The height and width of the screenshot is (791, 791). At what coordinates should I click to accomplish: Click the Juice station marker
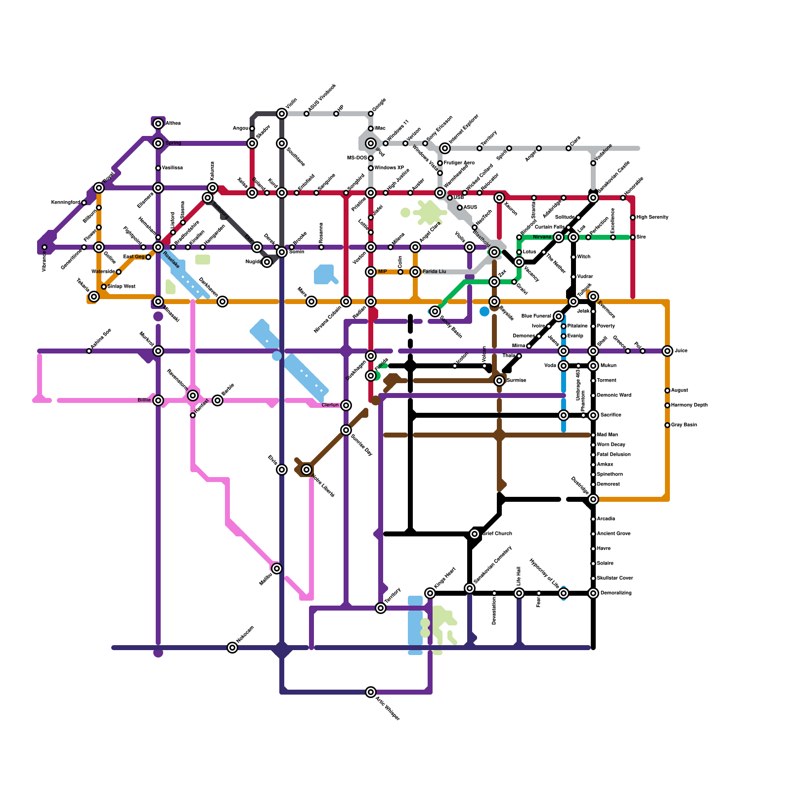click(x=667, y=351)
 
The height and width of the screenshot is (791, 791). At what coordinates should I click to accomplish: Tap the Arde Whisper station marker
click(x=371, y=692)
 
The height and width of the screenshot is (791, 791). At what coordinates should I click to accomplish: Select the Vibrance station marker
click(x=44, y=247)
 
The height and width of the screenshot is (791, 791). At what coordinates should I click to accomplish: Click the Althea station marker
click(x=158, y=124)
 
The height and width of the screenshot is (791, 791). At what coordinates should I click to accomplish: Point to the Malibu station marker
click(x=277, y=569)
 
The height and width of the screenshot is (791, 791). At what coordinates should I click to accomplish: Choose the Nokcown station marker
click(x=232, y=648)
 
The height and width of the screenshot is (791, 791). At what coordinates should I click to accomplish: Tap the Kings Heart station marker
click(x=430, y=593)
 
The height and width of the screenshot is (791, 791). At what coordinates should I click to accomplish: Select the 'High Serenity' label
click(x=652, y=218)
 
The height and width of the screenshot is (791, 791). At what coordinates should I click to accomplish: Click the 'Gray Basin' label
click(x=684, y=425)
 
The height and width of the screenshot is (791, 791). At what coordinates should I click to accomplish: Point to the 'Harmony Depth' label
click(x=689, y=405)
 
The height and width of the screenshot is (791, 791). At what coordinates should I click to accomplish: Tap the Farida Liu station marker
click(x=415, y=272)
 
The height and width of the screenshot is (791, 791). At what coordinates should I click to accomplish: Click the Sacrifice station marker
click(x=593, y=415)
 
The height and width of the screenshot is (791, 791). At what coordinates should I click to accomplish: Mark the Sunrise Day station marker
click(x=346, y=430)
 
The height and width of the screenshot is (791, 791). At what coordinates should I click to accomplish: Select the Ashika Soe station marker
click(x=89, y=351)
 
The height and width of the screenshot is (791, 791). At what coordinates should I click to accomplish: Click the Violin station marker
click(x=282, y=114)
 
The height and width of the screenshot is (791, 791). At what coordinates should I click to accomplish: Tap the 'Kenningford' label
click(x=65, y=203)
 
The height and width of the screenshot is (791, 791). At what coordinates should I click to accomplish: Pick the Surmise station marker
click(x=499, y=381)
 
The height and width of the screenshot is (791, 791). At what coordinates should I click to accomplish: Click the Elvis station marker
click(x=282, y=470)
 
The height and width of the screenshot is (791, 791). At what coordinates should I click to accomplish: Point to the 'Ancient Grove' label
click(x=614, y=534)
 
